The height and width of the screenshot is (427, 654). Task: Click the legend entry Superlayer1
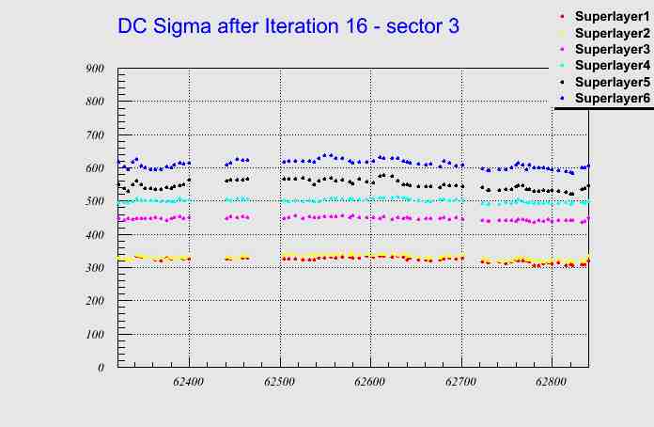click(612, 17)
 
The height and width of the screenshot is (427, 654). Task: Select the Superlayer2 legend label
click(612, 33)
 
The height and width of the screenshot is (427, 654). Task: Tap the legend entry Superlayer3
click(612, 49)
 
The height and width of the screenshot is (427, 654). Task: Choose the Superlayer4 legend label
click(612, 66)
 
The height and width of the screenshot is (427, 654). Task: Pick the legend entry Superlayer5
click(612, 82)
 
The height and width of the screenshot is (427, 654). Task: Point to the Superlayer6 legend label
click(612, 98)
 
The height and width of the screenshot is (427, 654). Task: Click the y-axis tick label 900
click(94, 68)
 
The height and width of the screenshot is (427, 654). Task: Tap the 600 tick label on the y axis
click(94, 168)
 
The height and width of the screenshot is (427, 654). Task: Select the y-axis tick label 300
click(94, 268)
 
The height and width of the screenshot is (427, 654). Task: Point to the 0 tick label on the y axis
click(100, 368)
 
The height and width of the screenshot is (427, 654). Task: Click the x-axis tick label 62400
click(189, 384)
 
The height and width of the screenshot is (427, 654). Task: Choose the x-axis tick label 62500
click(280, 384)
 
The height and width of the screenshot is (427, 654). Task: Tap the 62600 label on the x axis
click(370, 384)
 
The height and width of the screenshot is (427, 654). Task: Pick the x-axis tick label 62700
click(461, 384)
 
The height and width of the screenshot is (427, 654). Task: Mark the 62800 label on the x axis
click(552, 384)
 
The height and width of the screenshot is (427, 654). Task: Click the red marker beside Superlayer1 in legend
click(562, 17)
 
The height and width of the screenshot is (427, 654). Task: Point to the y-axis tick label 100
click(94, 335)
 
